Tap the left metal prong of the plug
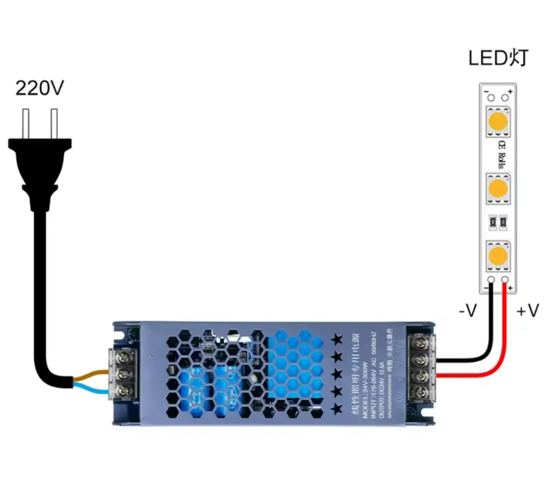pyautogui.click(x=25, y=123)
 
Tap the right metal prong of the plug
pyautogui.click(x=54, y=123)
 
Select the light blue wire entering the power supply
pyautogui.click(x=91, y=390)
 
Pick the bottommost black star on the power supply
pyautogui.click(x=336, y=409)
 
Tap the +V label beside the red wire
pyautogui.click(x=527, y=312)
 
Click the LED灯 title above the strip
pyautogui.click(x=498, y=59)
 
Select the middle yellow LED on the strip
pyautogui.click(x=498, y=188)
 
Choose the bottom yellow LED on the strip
pyautogui.click(x=498, y=256)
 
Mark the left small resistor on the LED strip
pyautogui.click(x=492, y=222)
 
